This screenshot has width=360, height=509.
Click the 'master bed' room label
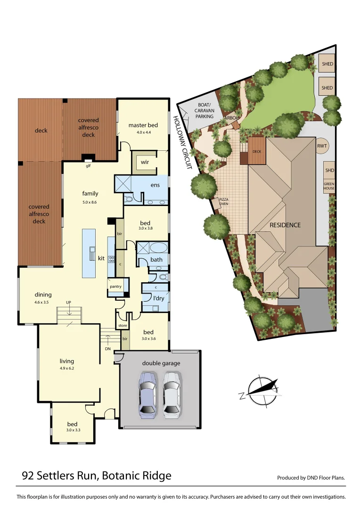coord(143,125)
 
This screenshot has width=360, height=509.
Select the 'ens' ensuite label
coord(155,185)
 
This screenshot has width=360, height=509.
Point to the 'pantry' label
coord(115,287)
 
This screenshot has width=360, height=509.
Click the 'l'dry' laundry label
coord(159,298)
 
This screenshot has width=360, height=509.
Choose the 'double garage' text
coord(161,363)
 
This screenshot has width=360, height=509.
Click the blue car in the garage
coord(147,395)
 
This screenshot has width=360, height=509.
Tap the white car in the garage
coord(172,395)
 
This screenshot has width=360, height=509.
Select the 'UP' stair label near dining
coord(68,302)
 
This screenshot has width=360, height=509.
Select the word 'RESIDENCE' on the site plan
coord(285,225)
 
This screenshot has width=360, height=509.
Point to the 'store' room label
coord(123,326)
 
